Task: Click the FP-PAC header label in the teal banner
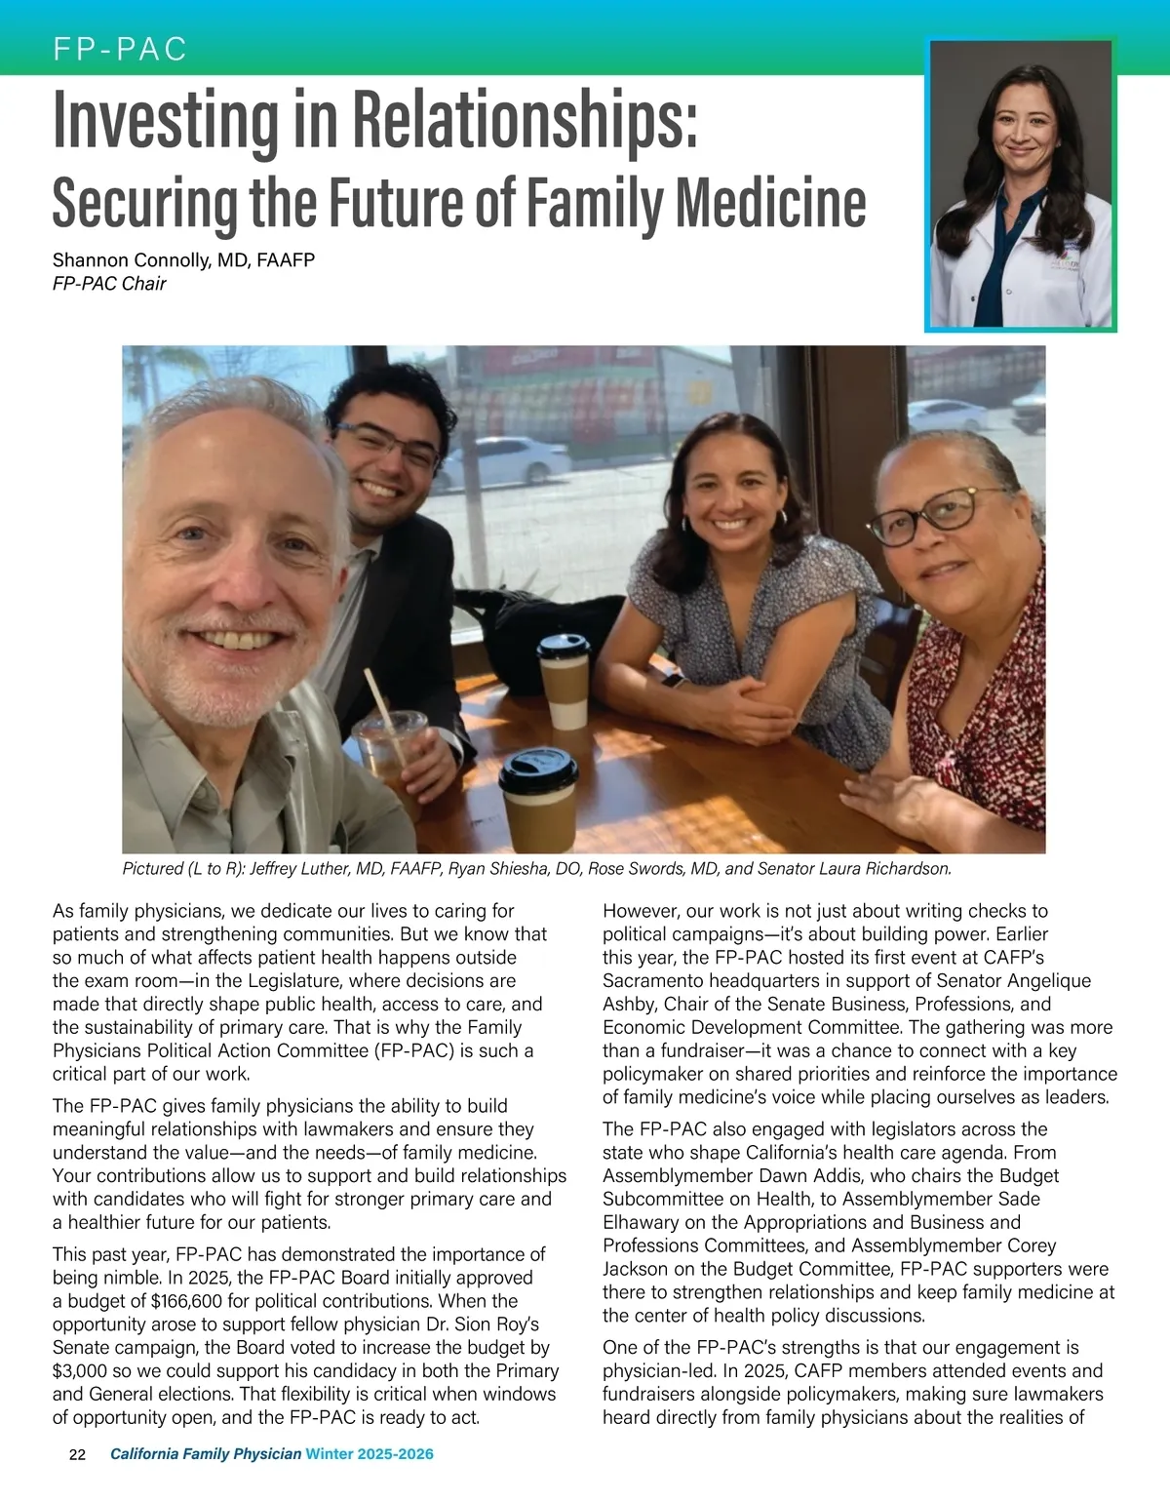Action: [x=120, y=49]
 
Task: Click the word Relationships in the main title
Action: [x=525, y=121]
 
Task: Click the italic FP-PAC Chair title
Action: [x=109, y=284]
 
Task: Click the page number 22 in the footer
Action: [x=77, y=1454]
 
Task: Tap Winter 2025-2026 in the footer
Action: [x=370, y=1454]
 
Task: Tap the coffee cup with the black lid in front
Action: [x=538, y=798]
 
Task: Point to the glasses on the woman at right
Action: [x=924, y=514]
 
